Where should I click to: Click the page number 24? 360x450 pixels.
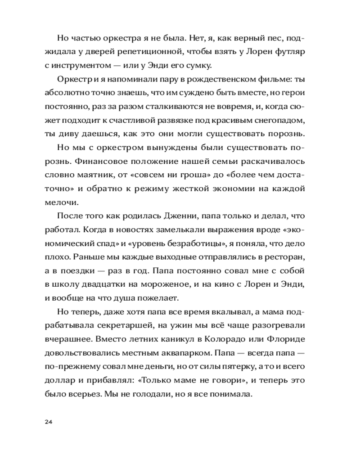coord(49,422)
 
